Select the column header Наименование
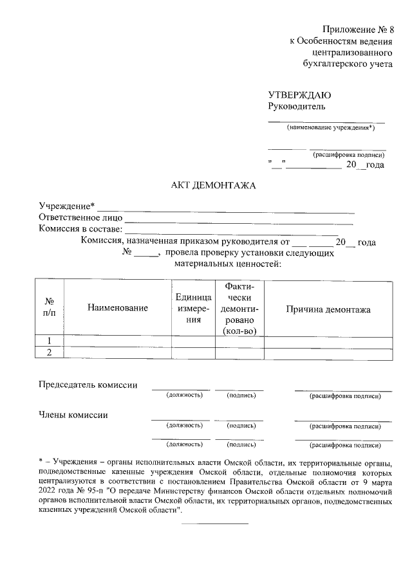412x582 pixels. coord(118,309)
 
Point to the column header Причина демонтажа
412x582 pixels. coord(328,309)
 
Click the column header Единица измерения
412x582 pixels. coord(193,309)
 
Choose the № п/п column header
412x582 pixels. coord(49,309)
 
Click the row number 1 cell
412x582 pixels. coord(49,341)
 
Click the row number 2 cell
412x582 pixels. coord(49,352)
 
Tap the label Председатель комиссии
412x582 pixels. coord(88,385)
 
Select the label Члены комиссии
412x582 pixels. coord(73,415)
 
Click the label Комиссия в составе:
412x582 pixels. coord(80,229)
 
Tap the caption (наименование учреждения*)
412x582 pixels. coord(331,127)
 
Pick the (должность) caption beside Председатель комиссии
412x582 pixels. coord(184,395)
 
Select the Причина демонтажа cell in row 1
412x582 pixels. coord(328,341)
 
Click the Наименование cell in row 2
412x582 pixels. coord(118,352)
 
